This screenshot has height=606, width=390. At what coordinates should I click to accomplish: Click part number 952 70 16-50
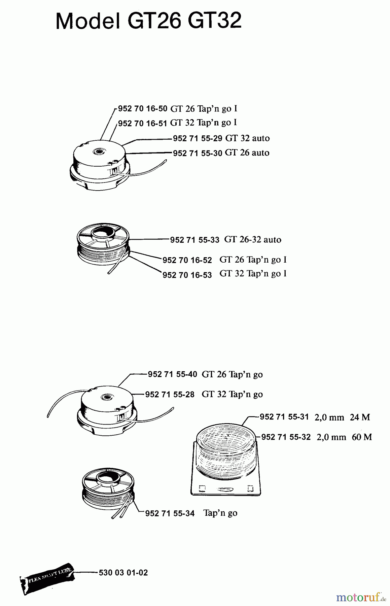coord(143,109)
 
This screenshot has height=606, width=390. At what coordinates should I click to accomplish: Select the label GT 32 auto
coord(247,138)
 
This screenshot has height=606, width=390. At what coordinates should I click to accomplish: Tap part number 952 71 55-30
coord(198,153)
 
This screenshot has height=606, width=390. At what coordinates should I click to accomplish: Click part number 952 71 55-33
coord(195,240)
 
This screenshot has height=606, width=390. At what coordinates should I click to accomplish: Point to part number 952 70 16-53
coord(187,275)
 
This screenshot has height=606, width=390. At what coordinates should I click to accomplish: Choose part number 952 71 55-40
coord(172,374)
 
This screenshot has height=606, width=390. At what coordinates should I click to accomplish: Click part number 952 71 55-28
coord(170,395)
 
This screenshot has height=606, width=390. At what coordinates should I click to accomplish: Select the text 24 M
coord(360,417)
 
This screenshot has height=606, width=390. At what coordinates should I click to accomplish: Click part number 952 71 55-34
coord(170,513)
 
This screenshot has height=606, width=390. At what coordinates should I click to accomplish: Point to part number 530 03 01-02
coord(123,573)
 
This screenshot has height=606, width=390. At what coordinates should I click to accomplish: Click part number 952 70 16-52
coord(187,261)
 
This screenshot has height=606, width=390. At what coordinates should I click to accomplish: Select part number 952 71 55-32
coord(286,437)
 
